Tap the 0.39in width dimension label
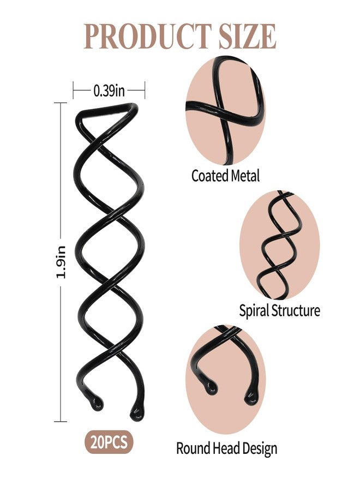tap(109, 91)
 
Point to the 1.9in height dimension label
tap(61, 262)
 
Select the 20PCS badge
tap(109, 442)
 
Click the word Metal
tap(245, 176)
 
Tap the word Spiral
tap(254, 311)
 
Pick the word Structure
tap(296, 310)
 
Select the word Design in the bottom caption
tap(260, 449)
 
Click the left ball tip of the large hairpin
tap(96, 403)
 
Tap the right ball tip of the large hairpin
tap(137, 412)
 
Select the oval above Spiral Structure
tap(280, 244)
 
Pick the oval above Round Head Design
tap(225, 380)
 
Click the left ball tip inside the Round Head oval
tap(211, 387)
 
